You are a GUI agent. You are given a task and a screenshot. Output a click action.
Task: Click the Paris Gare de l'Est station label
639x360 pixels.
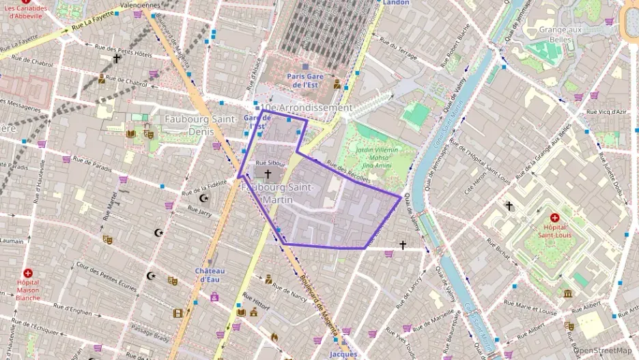coord(304,81)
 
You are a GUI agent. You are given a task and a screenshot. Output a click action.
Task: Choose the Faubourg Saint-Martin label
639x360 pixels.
coord(277,193)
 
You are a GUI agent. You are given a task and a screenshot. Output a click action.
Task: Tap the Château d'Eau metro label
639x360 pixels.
coord(210,275)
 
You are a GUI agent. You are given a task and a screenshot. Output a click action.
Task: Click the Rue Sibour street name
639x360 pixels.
coord(270,163)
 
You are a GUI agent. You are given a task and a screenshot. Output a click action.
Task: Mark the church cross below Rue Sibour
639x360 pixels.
coord(268,175)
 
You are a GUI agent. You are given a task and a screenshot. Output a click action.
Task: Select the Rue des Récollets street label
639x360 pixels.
coord(347,173)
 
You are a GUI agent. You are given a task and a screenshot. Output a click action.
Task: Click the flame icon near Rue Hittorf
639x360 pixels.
coord(274,337)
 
